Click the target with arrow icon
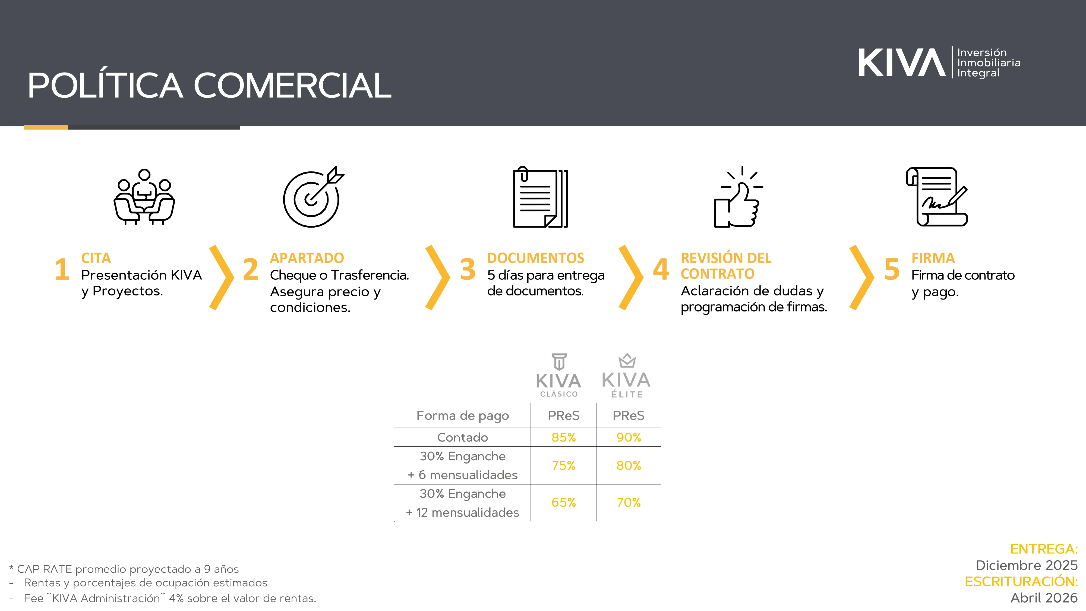(x=313, y=197)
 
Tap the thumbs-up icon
(x=738, y=197)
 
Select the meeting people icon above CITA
(x=144, y=197)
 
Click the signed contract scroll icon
(x=937, y=197)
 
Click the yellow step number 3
(x=468, y=269)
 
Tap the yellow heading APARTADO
(x=307, y=258)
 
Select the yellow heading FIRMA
(x=933, y=258)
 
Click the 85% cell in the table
(x=564, y=437)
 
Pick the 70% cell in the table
(x=629, y=502)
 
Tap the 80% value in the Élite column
(x=629, y=465)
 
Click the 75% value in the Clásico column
(x=564, y=465)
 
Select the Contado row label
(x=462, y=437)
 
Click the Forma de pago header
(x=462, y=416)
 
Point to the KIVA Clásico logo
(x=558, y=375)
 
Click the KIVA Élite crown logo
(x=626, y=375)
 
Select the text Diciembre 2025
(x=1027, y=565)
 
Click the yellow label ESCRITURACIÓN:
(x=1021, y=581)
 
